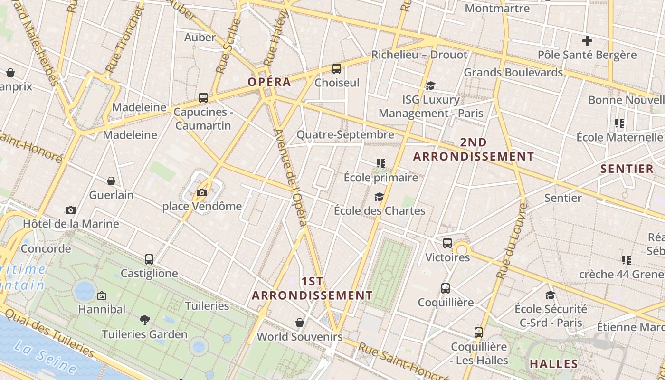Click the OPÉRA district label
[269, 82]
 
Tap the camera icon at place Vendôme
[202, 192]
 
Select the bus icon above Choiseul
[337, 69]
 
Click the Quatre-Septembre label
[345, 135]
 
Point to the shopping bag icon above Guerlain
[111, 181]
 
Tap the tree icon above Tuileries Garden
[145, 320]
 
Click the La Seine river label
[45, 357]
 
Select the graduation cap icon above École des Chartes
[379, 197]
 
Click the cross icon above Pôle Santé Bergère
[587, 41]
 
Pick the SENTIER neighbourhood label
[627, 169]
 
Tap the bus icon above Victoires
[447, 243]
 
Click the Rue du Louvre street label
[511, 241]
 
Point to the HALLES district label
[554, 364]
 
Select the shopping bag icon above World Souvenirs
[300, 323]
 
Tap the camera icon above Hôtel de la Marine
[71, 210]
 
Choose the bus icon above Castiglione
[149, 259]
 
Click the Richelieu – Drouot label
[419, 55]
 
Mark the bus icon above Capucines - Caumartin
[203, 98]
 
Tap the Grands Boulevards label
[513, 73]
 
